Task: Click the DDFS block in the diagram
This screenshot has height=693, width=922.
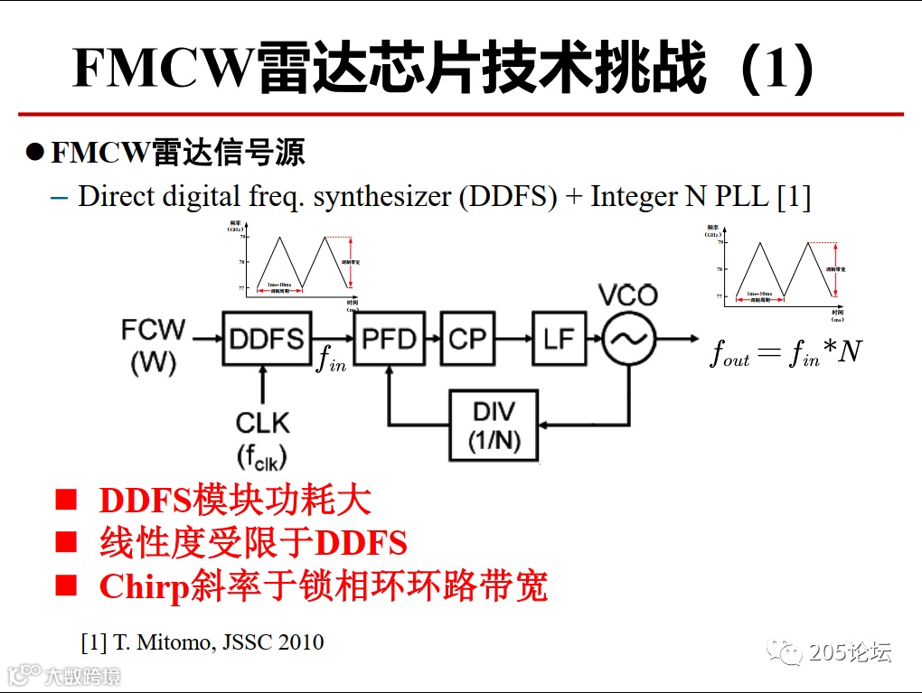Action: click(266, 339)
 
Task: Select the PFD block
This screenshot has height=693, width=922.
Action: click(389, 339)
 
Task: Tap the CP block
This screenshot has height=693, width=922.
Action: click(467, 339)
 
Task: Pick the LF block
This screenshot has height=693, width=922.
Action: click(560, 339)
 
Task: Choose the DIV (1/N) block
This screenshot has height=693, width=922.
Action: click(493, 426)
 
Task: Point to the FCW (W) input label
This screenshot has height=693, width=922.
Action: click(153, 345)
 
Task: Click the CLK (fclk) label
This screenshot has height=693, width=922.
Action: click(262, 439)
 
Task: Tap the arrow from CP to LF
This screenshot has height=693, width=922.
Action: click(513, 339)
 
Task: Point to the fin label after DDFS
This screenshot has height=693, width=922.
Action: click(329, 359)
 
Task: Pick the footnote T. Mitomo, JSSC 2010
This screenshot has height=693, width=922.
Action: click(202, 642)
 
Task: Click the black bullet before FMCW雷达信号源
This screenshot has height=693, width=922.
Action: click(34, 151)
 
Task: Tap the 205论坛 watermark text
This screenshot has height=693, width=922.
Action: click(850, 651)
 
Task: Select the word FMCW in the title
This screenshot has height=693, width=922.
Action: click(160, 69)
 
